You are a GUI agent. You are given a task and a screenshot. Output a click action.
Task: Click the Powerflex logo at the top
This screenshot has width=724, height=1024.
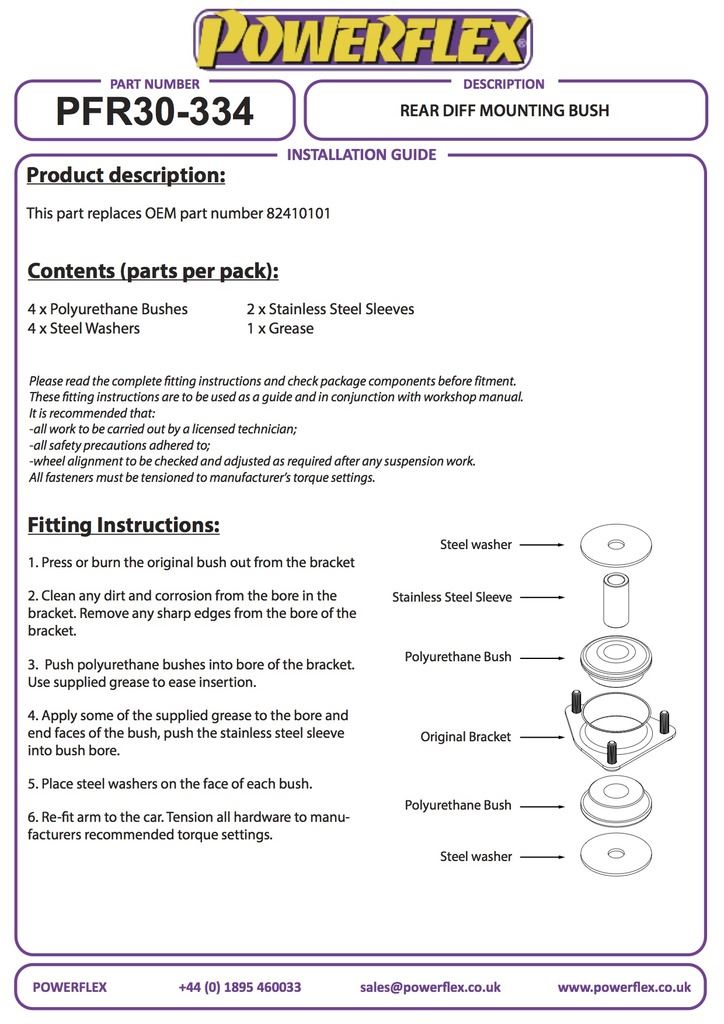[x=362, y=40]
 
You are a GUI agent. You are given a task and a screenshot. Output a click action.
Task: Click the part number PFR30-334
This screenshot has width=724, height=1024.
[x=154, y=112]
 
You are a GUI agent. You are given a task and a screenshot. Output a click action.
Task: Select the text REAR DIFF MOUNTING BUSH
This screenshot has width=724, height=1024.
[x=504, y=110]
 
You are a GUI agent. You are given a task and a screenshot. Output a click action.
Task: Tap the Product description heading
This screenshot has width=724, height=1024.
[x=126, y=176]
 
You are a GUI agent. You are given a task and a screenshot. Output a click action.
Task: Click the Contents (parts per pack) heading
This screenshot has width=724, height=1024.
[x=153, y=271]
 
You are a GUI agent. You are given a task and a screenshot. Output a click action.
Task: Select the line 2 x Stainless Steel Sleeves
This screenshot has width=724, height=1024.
[x=330, y=309]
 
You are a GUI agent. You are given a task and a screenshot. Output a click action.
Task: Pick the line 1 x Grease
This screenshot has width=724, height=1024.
[x=280, y=328]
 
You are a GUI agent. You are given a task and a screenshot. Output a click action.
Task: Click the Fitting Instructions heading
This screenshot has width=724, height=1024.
[x=123, y=525]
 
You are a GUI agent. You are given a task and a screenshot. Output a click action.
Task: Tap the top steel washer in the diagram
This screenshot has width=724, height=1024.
[x=616, y=545]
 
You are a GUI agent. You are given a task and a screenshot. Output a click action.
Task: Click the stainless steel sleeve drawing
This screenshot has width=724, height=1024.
[x=616, y=597]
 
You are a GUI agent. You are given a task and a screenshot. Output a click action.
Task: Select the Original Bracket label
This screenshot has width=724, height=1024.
[x=465, y=737]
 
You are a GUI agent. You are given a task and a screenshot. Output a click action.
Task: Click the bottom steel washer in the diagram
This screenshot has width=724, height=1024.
[x=616, y=856]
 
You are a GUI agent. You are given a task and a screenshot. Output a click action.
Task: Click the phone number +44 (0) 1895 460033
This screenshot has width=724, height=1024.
[x=240, y=987]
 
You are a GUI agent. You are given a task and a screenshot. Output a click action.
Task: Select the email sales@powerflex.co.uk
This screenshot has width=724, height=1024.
[x=430, y=987]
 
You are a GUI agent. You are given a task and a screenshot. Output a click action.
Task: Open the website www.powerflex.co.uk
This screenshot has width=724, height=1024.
[x=624, y=987]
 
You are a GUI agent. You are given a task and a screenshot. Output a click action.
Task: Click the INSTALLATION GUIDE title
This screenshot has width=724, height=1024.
[x=362, y=155]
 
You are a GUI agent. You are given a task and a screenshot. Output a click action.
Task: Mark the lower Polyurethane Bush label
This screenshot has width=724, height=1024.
[x=458, y=805]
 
